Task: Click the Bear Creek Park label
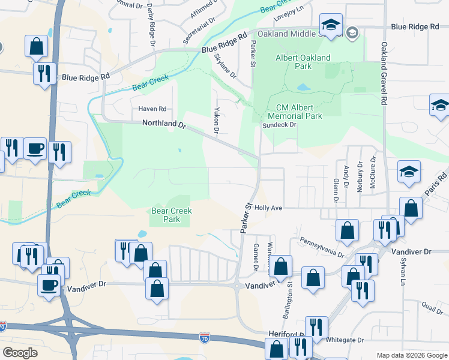172,215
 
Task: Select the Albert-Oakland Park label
303,62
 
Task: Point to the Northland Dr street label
165,124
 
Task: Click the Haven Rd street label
152,109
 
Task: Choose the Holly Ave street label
268,208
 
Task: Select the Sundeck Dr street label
280,125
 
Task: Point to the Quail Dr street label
432,304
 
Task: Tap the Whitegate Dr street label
345,340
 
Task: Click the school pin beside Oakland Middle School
331,25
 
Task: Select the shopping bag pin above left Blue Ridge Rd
37,46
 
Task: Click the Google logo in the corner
21,353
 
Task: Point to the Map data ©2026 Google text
411,355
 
